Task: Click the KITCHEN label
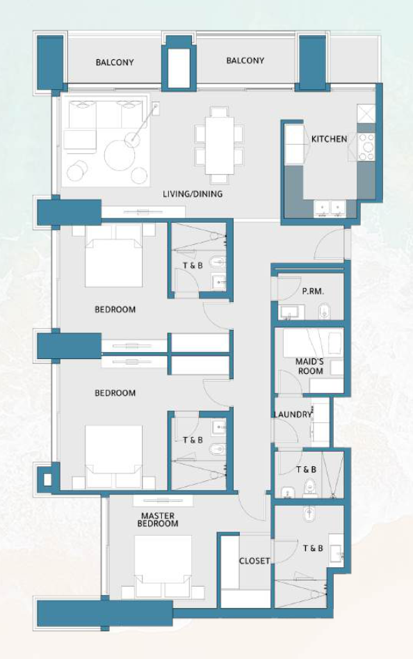pyautogui.click(x=329, y=139)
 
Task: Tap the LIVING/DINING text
pyautogui.click(x=193, y=194)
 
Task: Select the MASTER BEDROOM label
pyautogui.click(x=158, y=519)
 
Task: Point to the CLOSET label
pyautogui.click(x=254, y=561)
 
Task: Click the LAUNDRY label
pyautogui.click(x=293, y=414)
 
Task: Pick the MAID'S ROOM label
pyautogui.click(x=310, y=366)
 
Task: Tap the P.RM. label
pyautogui.click(x=313, y=292)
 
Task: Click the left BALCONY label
pyautogui.click(x=115, y=62)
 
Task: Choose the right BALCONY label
pyautogui.click(x=245, y=61)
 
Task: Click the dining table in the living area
pyautogui.click(x=219, y=145)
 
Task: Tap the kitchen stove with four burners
pyautogui.click(x=366, y=147)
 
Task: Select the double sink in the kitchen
pyautogui.click(x=330, y=209)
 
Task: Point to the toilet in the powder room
pyautogui.click(x=325, y=312)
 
